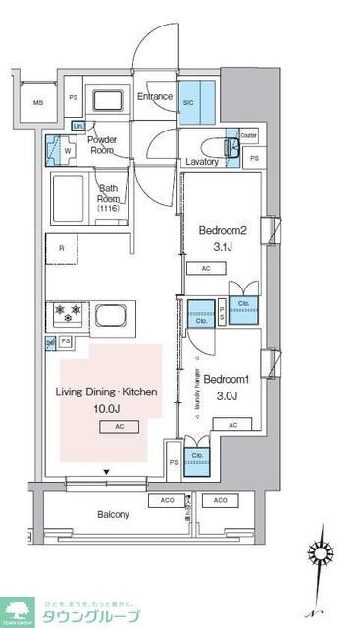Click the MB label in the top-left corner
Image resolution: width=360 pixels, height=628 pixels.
37,102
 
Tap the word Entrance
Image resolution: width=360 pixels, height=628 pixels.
155,97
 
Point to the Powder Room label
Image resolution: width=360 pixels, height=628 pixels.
104,145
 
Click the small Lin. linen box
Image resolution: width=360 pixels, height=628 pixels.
78,127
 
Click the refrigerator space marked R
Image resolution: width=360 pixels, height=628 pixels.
61,249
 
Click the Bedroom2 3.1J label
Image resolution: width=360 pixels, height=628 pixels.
221,237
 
